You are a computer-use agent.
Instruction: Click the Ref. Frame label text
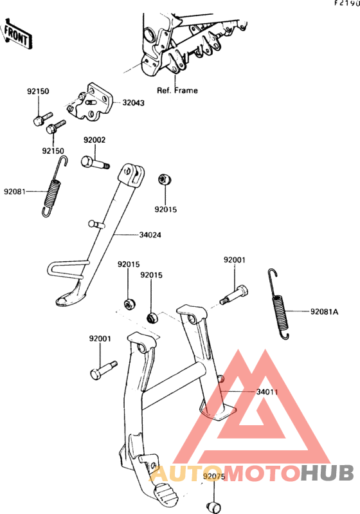click(177, 91)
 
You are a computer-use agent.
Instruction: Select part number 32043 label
click(133, 103)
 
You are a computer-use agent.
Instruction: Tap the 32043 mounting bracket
click(90, 102)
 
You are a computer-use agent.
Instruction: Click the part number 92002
click(94, 140)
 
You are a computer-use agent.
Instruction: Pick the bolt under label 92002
click(95, 162)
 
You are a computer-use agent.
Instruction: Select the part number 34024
click(150, 235)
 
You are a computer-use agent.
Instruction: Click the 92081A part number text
click(324, 312)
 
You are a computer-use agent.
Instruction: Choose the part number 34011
click(267, 392)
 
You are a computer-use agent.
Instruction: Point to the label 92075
click(214, 476)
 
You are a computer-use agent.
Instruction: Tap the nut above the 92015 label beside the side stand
click(165, 179)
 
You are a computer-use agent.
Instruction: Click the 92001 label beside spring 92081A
click(234, 260)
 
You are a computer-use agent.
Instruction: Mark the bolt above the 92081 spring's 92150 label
click(42, 118)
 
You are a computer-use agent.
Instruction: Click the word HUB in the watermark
click(327, 473)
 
